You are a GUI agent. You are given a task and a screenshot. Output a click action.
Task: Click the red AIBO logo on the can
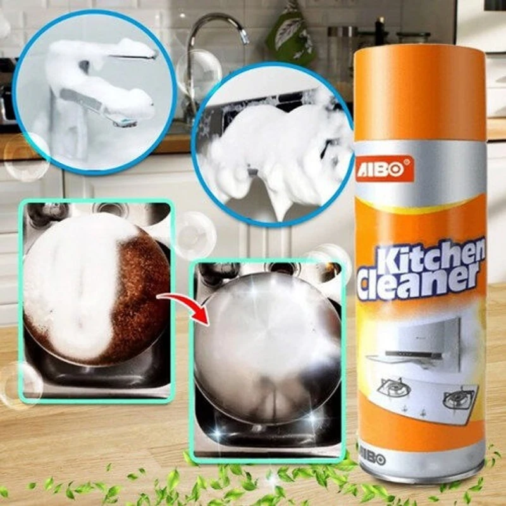coord(385,170)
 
